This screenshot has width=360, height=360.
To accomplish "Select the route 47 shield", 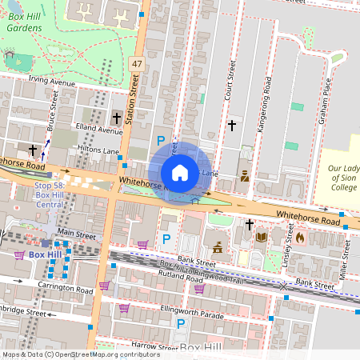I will pos(137,62).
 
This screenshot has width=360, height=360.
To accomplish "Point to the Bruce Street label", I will pos(53,110).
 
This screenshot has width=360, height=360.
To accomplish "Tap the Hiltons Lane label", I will pos(99,150).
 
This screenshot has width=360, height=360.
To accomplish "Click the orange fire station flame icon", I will pos(300,237).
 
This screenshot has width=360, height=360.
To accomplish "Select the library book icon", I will pos(261,236).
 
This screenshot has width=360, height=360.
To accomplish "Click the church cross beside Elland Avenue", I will pos(117,118).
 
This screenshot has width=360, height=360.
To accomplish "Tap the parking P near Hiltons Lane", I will pos(161,141).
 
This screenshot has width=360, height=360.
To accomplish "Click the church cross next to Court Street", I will pos(232,126).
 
